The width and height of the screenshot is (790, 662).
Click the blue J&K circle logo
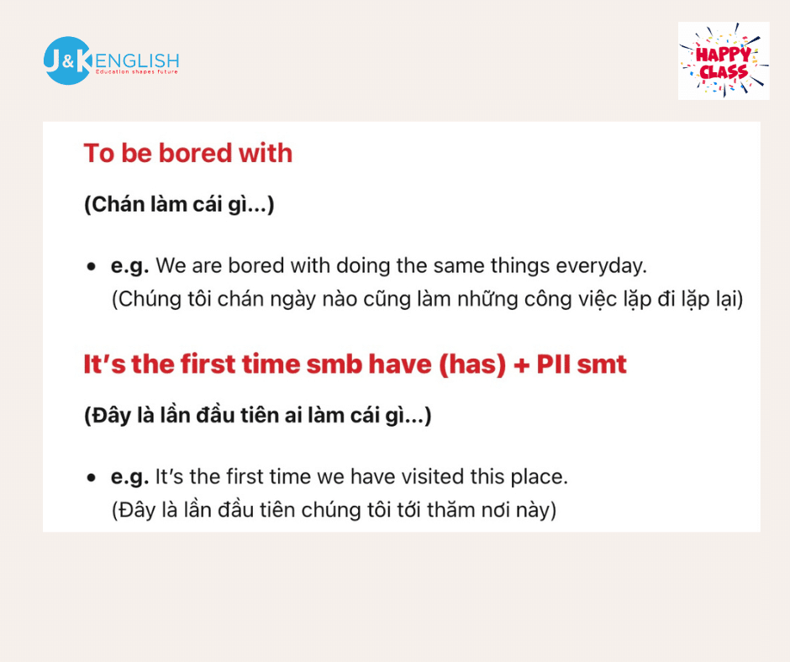pyautogui.click(x=67, y=60)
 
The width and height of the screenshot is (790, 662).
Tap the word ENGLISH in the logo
pyautogui.click(x=137, y=61)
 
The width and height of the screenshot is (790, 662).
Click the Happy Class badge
pyautogui.click(x=724, y=60)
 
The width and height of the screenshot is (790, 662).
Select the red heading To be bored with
pyautogui.click(x=188, y=153)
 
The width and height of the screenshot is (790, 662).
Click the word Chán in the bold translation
pyautogui.click(x=114, y=204)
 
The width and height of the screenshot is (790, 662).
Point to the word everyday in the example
pyautogui.click(x=601, y=266)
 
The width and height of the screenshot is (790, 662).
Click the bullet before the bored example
pyautogui.click(x=92, y=266)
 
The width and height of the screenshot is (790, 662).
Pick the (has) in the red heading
pyautogui.click(x=472, y=365)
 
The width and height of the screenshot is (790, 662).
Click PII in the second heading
pyautogui.click(x=553, y=364)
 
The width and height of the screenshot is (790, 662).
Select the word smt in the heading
pyautogui.click(x=602, y=365)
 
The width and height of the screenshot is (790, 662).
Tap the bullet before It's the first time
pyautogui.click(x=92, y=478)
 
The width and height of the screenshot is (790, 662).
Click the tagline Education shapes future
pyautogui.click(x=136, y=72)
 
